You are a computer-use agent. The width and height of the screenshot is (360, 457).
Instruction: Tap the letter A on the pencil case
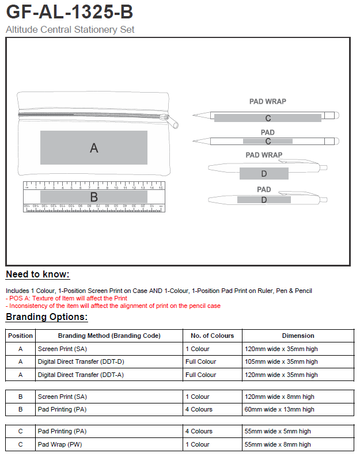point(94,148)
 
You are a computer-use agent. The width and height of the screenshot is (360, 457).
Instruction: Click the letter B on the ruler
point(94,197)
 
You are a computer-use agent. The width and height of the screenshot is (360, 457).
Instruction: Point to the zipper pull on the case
point(171,121)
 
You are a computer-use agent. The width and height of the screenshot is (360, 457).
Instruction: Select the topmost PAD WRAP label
point(267,101)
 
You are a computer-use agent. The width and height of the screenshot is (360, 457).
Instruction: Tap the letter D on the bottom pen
point(264,200)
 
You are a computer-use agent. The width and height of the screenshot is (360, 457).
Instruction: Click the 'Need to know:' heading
point(37,274)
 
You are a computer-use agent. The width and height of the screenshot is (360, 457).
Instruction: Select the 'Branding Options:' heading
point(47,317)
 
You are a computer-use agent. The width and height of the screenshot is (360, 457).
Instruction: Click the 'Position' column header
point(21,336)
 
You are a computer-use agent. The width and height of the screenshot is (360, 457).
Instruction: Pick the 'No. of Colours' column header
point(213,336)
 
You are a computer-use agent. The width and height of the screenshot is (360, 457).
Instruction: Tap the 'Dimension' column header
point(298,336)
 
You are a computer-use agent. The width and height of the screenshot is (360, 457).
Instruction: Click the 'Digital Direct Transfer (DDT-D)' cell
point(81,361)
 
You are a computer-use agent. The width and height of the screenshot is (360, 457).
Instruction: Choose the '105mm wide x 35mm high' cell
point(281,361)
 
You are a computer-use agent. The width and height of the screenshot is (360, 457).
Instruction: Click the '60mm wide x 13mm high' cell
point(279,409)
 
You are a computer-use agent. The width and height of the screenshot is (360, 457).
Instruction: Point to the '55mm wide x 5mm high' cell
point(278,431)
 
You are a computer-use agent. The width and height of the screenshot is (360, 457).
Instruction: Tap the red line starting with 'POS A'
point(66,298)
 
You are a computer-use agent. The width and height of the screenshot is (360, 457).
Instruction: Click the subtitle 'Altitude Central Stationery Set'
point(70,29)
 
